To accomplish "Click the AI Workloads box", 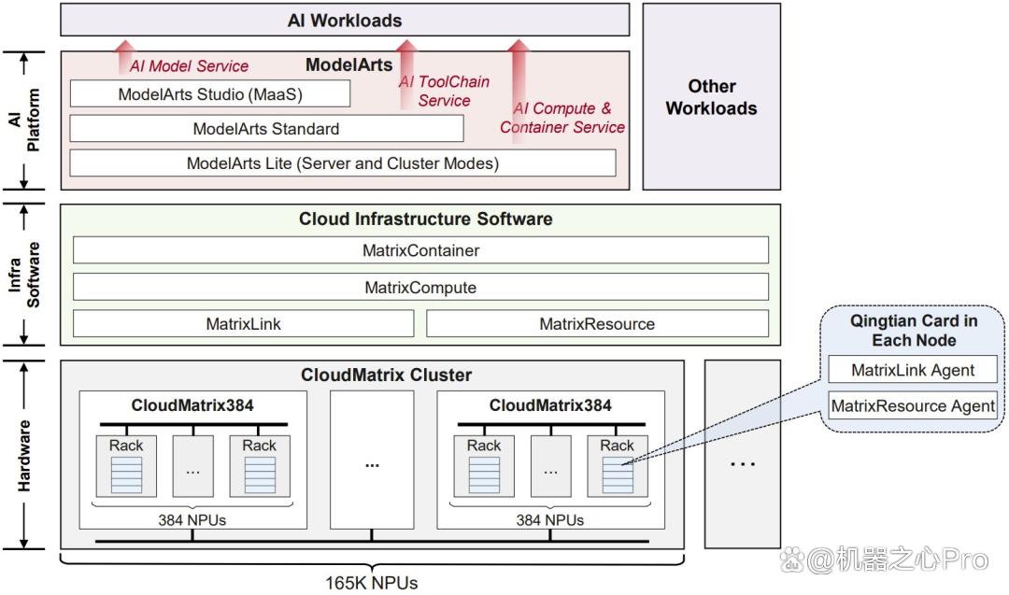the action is [345, 20].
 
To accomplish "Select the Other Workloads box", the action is [711, 96].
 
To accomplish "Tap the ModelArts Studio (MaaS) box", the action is [210, 94].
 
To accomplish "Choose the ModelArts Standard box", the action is [266, 129].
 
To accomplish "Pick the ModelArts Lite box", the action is [342, 163].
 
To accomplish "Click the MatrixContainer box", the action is [420, 250].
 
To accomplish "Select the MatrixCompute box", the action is [420, 287].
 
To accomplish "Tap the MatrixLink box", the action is [243, 323].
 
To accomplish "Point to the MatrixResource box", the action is [597, 323].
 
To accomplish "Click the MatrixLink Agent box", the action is [913, 370].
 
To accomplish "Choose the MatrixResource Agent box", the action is [913, 406].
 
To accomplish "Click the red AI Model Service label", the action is [189, 65].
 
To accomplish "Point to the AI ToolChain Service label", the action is [444, 91].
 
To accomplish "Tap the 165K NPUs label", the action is [371, 583].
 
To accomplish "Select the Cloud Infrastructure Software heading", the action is [425, 219].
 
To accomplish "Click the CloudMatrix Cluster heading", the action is [386, 375].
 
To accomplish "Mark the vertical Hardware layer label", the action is [23, 456].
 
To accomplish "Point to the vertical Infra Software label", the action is [23, 275].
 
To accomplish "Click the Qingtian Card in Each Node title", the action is [914, 330].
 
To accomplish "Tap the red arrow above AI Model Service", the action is [125, 57].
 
